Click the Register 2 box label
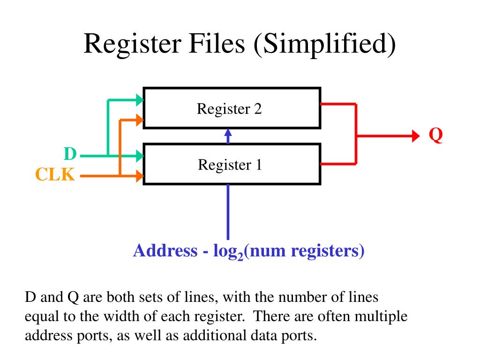229,109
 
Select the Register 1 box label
230,165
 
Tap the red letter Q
436,136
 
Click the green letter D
70,154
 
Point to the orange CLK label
55,175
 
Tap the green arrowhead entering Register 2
139,99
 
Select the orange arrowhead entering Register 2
139,120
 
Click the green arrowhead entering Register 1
139,155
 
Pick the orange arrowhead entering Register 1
139,176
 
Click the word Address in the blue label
165,251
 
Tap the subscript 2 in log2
240,256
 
